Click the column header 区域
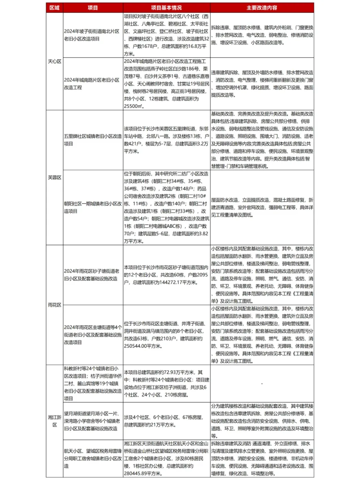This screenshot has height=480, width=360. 55,8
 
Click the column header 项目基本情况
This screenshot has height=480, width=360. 167,8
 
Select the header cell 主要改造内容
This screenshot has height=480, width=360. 262,8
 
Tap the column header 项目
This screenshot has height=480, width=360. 93,8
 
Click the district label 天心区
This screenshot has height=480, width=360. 55,61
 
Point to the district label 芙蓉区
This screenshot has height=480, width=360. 55,178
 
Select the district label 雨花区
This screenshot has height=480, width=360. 55,305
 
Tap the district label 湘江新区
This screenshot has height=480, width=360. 55,421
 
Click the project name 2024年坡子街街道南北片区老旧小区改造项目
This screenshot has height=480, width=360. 92,35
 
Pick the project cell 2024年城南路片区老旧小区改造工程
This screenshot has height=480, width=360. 92,84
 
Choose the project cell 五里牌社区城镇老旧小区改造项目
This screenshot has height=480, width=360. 93,140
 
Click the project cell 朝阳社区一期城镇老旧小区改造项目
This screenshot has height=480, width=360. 93,207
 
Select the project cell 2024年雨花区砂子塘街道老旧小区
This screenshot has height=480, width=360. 92,275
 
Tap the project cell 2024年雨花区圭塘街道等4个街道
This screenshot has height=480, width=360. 93,335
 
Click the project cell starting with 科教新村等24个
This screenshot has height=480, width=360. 93,383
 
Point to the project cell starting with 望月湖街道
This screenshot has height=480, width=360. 93,421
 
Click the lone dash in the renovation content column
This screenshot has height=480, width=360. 262,383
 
